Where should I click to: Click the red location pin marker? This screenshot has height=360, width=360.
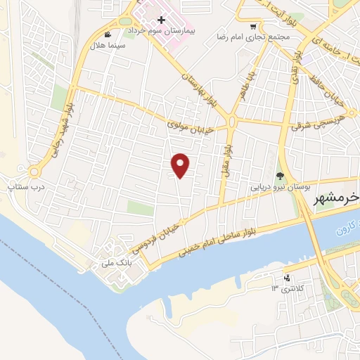(181, 165)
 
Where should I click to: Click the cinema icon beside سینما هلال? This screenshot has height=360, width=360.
(107, 34)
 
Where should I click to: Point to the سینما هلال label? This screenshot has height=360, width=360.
(105, 46)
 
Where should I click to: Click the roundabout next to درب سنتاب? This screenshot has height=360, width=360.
(34, 171)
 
